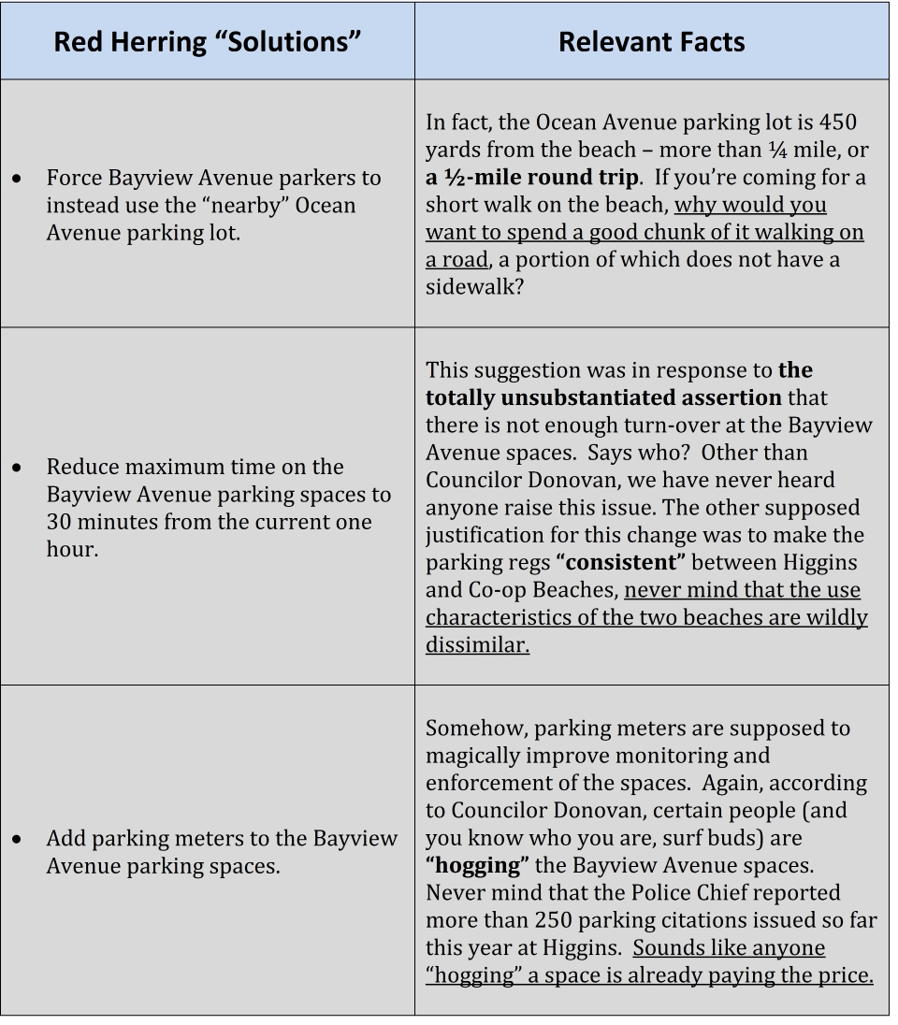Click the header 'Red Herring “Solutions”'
tap(207, 43)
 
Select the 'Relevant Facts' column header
tap(651, 43)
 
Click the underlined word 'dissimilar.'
tap(477, 645)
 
